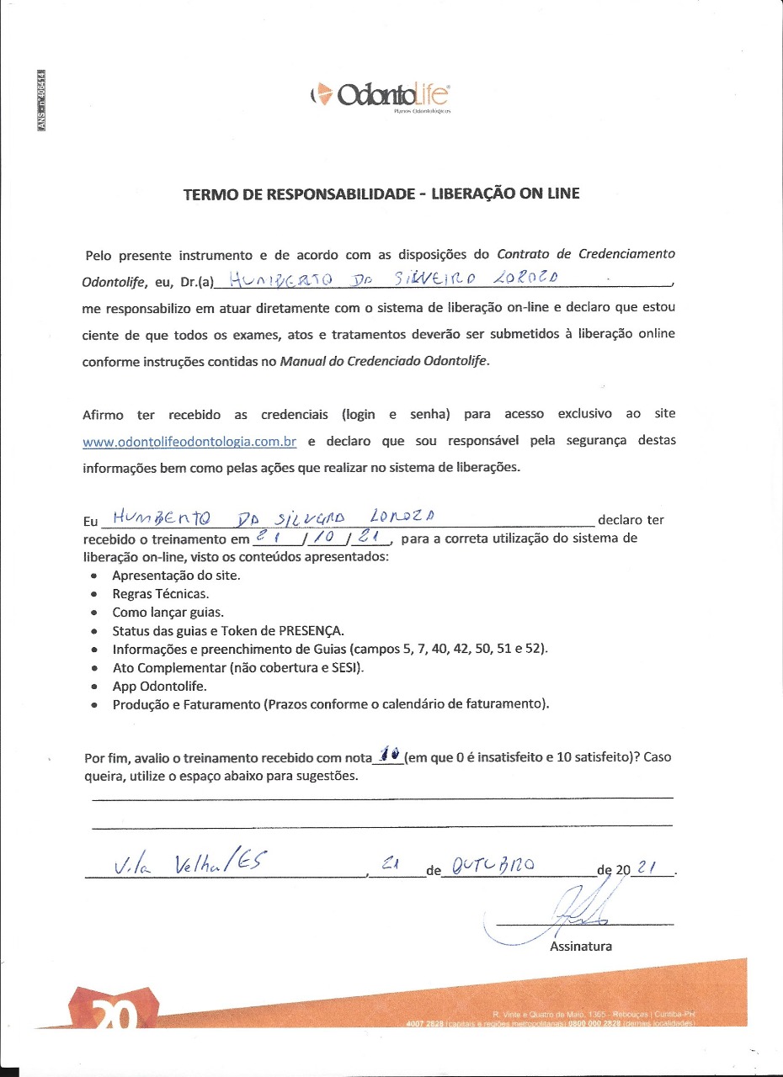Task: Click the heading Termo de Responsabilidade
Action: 381,194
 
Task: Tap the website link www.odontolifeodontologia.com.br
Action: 189,441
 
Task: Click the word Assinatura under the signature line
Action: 581,946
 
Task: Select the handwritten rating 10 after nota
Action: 388,753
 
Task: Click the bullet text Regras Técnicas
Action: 161,593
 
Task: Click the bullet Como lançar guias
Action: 168,612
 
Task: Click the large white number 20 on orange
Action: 114,1016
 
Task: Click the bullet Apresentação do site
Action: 176,576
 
